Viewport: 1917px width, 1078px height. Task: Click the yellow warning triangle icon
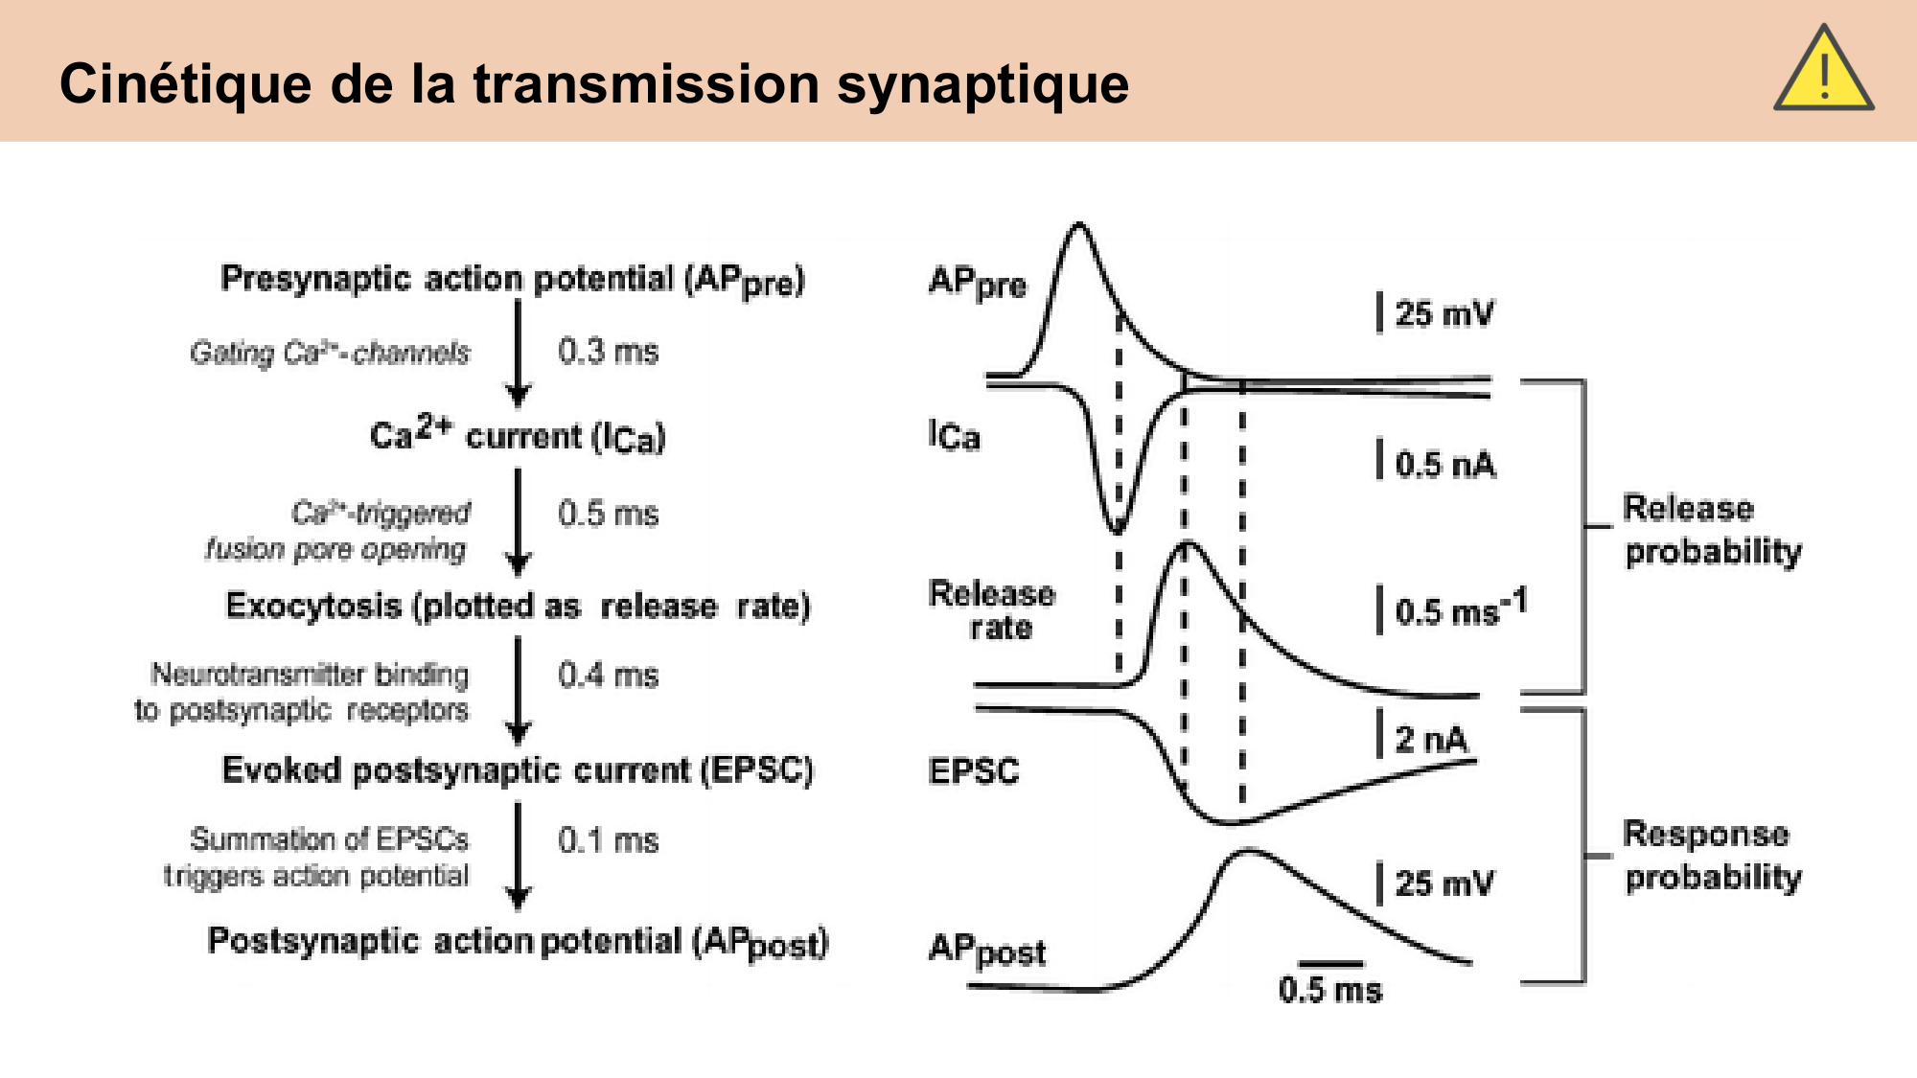point(1823,73)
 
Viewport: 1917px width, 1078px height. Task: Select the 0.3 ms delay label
point(608,352)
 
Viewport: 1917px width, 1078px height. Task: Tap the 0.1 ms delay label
point(608,840)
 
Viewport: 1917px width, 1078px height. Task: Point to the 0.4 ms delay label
point(608,676)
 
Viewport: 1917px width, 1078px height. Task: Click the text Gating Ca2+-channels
point(330,353)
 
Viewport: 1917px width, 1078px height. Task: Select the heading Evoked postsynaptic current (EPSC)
point(518,770)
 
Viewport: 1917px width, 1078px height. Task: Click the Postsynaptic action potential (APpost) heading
point(518,942)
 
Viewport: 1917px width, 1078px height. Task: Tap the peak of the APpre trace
point(1079,226)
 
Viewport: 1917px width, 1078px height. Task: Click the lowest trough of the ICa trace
point(1117,528)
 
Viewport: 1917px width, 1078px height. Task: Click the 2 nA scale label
point(1431,739)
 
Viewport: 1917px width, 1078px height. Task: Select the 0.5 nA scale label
point(1444,465)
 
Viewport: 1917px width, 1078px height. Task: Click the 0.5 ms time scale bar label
point(1330,990)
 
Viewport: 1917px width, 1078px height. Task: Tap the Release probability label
point(1712,530)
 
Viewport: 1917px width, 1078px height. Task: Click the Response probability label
point(1712,856)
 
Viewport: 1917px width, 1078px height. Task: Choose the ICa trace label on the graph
point(955,436)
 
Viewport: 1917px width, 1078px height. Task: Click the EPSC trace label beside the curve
point(974,771)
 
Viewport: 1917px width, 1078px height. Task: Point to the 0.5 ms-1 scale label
point(1460,610)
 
